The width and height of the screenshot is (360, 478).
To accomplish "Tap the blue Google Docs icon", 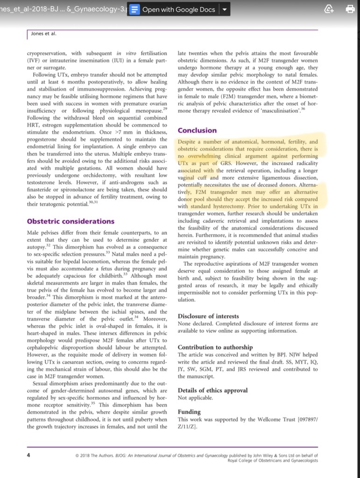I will pos(134,9).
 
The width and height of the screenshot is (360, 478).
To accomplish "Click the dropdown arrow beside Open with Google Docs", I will pos(224,9).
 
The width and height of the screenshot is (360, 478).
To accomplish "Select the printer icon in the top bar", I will pos(349,9).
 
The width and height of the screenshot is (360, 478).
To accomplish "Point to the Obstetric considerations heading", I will pos(71,221).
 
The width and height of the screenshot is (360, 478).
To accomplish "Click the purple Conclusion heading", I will pos(197,130).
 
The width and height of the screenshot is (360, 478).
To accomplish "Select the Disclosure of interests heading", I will pos(208,316).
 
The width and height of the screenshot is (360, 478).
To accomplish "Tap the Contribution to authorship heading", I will pos(215,347).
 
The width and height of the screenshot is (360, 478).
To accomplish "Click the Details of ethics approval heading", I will pos(212,390).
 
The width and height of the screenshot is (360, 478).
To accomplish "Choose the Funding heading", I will pos(189,412).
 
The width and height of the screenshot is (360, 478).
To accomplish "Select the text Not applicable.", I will pos(196,398).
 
